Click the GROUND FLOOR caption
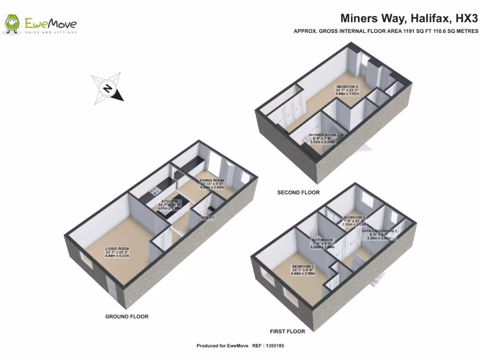[127, 316]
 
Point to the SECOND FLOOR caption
[298, 193]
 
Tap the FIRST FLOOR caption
[287, 331]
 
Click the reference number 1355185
[273, 346]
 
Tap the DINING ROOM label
[212, 180]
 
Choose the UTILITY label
[208, 218]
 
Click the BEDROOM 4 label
[348, 87]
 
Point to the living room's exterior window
[86, 261]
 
